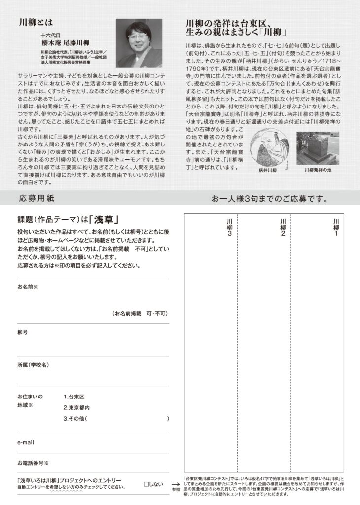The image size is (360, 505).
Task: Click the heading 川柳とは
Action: (35, 22)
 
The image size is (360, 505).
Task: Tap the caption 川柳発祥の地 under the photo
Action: (318, 169)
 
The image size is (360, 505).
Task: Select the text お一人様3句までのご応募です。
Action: (270, 199)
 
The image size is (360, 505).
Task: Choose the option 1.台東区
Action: (74, 397)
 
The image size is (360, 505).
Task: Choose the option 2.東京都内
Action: (77, 407)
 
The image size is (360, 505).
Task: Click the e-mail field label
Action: (26, 442)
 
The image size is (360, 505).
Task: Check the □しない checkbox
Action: (146, 484)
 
